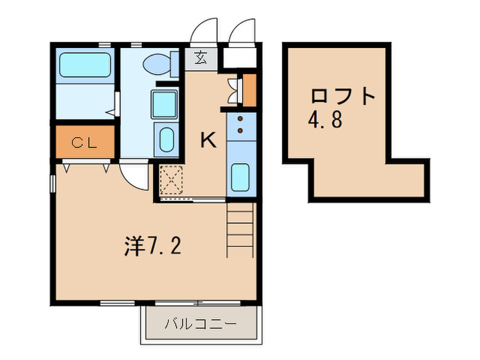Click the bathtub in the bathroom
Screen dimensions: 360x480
coord(85,66)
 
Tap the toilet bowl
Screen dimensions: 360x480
coord(159,64)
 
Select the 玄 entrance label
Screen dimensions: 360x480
coord(201,58)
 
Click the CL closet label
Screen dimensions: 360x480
coord(85,143)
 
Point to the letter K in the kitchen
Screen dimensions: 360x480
coord(208,141)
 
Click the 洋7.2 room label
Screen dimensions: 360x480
coord(152,246)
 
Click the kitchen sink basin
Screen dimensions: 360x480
coord(241,177)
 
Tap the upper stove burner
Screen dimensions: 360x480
coord(241,118)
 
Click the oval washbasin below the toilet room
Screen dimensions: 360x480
coord(165,141)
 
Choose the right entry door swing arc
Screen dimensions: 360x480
coord(242,31)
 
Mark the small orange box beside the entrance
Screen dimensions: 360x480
coord(250,88)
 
